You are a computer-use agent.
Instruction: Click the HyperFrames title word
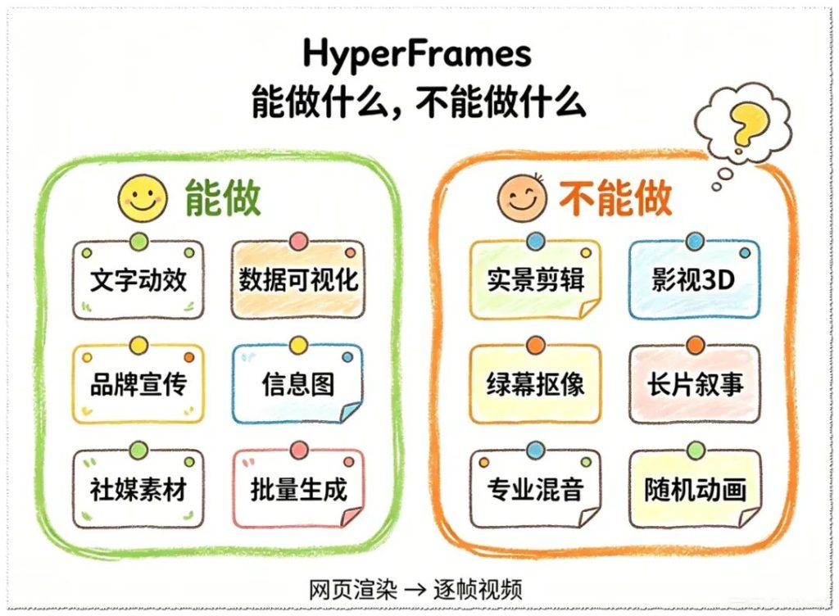(417, 53)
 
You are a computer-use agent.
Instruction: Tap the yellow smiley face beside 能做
(143, 198)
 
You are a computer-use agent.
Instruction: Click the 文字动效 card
(138, 279)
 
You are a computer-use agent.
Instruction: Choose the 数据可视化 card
(298, 279)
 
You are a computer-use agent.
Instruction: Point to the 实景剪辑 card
(535, 279)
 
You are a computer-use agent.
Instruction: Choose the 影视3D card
(695, 279)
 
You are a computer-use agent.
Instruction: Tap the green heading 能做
(223, 198)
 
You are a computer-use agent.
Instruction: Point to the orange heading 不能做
(615, 198)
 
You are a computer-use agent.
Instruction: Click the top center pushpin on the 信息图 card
(298, 346)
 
